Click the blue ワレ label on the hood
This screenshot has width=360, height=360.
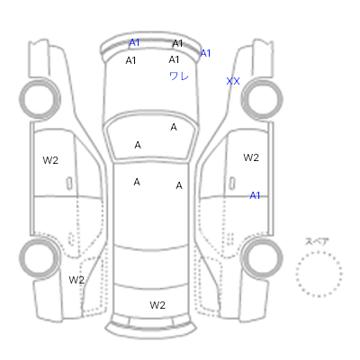point(179,76)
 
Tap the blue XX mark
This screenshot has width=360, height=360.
point(233,81)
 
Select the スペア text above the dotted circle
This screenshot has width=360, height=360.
point(317,241)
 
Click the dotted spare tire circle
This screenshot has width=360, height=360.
point(319,252)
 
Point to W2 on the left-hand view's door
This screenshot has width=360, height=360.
point(50,160)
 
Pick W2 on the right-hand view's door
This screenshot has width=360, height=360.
point(251,157)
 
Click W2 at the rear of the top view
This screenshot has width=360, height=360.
point(157,305)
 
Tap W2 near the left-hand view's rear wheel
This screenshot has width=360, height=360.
point(76,280)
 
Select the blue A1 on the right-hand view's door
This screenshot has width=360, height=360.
point(255,195)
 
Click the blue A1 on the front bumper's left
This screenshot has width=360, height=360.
point(134,42)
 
